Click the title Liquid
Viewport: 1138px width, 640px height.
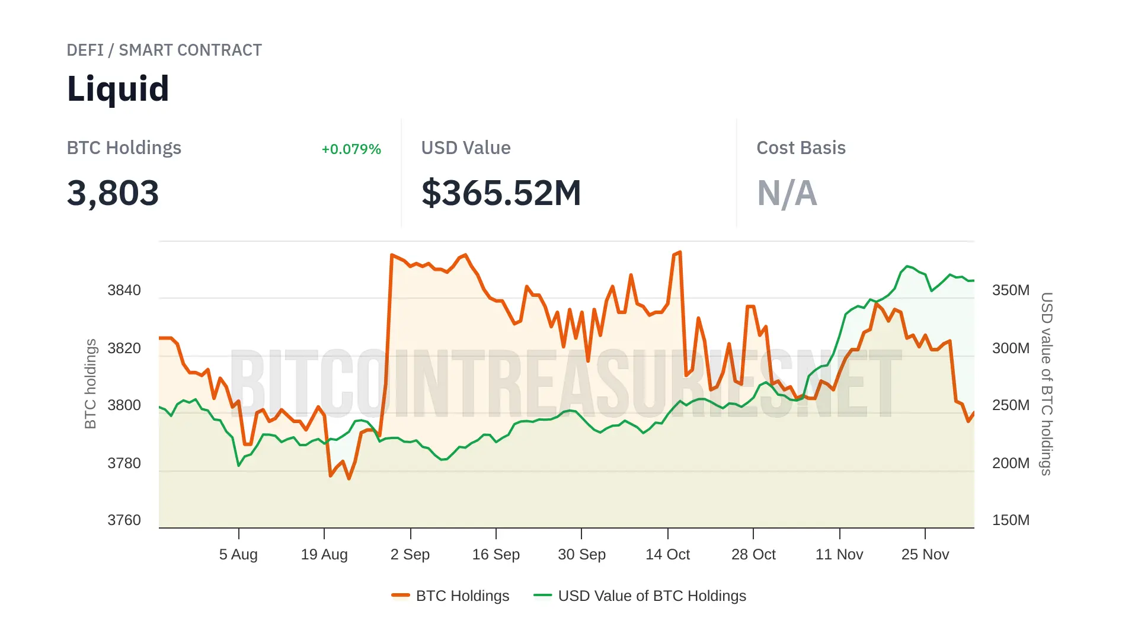[118, 89]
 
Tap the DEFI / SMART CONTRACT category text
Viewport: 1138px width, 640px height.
[164, 50]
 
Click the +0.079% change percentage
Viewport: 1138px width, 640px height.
[351, 149]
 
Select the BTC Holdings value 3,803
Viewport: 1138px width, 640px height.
[113, 193]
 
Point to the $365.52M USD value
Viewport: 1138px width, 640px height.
[501, 193]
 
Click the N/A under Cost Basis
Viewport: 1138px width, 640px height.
[787, 193]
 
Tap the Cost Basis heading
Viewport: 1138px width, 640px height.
[801, 148]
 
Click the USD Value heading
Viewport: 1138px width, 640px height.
[465, 148]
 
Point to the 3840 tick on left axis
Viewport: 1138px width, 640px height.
[124, 290]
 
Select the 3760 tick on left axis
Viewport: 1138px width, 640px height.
[124, 520]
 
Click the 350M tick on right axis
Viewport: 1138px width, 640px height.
[1011, 290]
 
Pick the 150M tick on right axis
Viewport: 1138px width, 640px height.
[1011, 520]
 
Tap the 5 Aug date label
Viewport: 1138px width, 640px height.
[238, 555]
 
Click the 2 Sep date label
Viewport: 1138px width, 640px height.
[410, 555]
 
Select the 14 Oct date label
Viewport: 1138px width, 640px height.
[667, 555]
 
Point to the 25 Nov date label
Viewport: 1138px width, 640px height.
[925, 555]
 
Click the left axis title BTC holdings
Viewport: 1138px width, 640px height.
[90, 383]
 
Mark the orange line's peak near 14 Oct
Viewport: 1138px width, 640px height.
[679, 252]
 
